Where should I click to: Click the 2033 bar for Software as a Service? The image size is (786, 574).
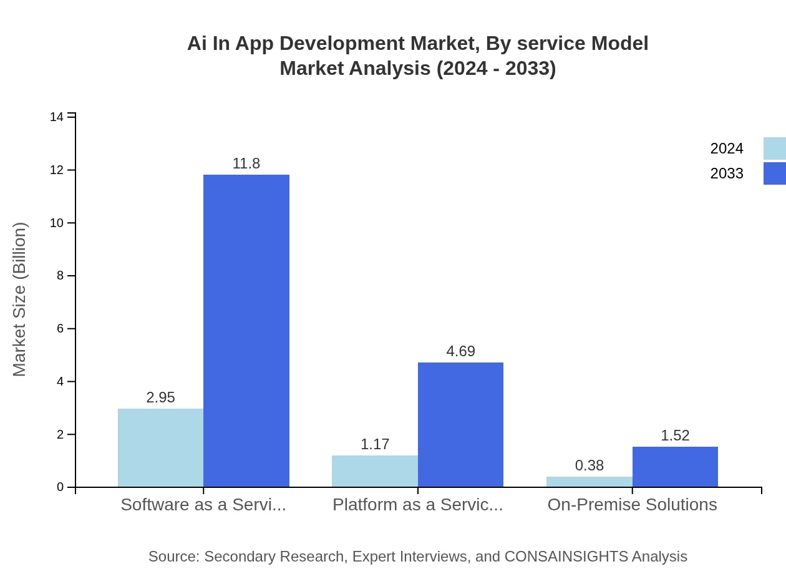246,331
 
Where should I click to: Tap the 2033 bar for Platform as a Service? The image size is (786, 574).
460,424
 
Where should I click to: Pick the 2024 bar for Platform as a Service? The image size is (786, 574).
375,471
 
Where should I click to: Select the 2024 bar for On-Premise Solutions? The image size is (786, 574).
589,482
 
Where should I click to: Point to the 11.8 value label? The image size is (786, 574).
246,163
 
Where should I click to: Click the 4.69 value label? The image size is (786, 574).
460,351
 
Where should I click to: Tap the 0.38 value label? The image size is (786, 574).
589,465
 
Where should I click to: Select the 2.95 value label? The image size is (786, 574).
160,397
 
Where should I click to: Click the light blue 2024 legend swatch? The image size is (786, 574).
774,148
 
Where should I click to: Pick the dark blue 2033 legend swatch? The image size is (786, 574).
774,173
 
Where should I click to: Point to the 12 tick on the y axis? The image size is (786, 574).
60,170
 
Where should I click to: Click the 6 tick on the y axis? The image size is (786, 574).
60,329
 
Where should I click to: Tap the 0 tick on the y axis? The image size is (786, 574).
60,487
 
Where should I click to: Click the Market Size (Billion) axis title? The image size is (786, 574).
19,299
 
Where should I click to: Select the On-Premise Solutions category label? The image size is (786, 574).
632,505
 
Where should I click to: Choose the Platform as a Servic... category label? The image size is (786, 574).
417,505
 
